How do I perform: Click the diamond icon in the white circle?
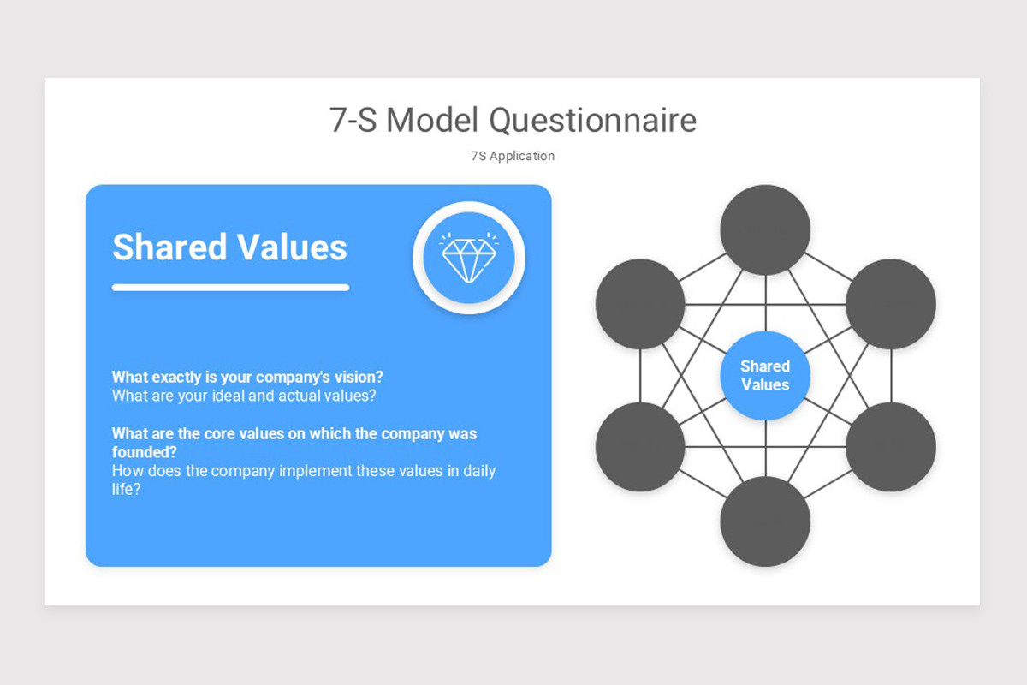point(469,257)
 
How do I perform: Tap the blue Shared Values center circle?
point(765,376)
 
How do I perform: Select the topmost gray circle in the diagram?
point(765,229)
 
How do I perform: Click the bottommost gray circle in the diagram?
point(765,521)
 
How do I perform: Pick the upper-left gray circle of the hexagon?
point(640,303)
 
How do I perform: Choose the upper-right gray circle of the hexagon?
point(891,303)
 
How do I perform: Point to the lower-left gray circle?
point(640,447)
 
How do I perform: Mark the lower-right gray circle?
point(891,447)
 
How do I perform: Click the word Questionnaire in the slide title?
point(592,121)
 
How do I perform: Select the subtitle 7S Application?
point(513,156)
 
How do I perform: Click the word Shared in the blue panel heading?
point(169,247)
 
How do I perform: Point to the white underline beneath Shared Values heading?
point(230,288)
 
